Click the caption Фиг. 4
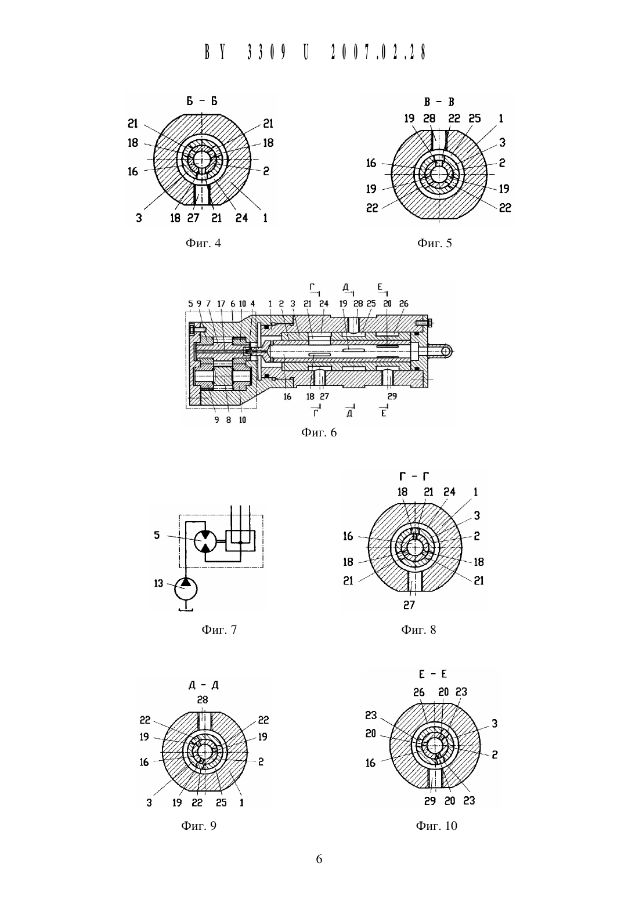pos(203,243)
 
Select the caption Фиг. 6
pos(319,432)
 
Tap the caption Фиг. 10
pos(436,826)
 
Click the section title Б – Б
pos(201,101)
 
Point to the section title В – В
pos(439,102)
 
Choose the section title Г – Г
pos(414,476)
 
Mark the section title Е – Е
pos(432,674)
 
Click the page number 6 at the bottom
pos(319,859)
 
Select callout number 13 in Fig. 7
pos(158,583)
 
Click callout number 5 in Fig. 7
pos(157,535)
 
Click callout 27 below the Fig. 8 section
pos(409,605)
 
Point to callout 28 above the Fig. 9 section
pos(203,700)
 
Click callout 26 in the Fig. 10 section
pos(419,692)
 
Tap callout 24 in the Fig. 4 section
pos(241,218)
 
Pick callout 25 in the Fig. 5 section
pos(475,118)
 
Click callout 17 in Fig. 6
pos(221,304)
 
